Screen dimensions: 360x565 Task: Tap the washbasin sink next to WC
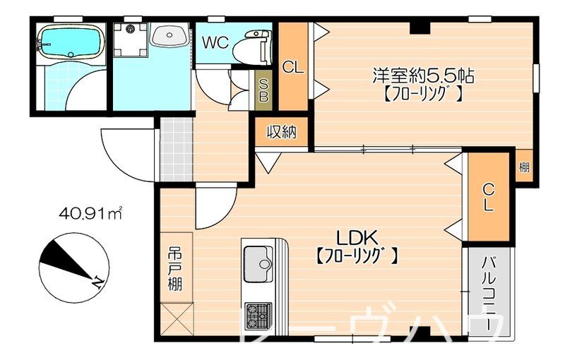169,35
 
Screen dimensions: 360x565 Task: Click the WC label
215,42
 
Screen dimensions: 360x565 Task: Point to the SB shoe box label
263,90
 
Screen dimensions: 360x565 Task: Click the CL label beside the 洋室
293,68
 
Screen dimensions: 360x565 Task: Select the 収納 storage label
281,132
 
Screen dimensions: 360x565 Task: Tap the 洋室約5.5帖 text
423,76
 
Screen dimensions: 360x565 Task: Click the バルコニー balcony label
487,293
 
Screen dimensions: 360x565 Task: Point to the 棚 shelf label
524,167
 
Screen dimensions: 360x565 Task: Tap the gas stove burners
258,314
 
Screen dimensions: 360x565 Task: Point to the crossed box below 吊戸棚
176,319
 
